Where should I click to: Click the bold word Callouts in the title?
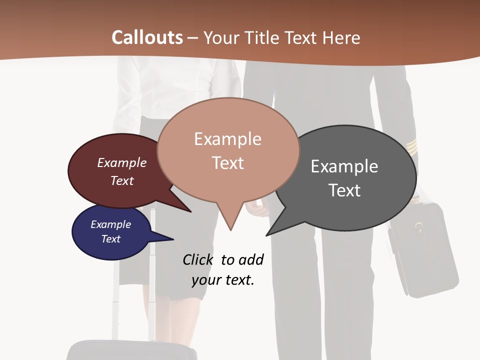147,37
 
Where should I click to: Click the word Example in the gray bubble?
344,166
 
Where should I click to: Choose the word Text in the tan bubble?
228,163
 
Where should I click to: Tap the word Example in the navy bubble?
110,224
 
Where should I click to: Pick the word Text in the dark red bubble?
122,180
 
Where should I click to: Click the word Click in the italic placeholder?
197,259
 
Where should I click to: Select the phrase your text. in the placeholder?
223,280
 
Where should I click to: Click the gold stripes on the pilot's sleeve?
411,146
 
